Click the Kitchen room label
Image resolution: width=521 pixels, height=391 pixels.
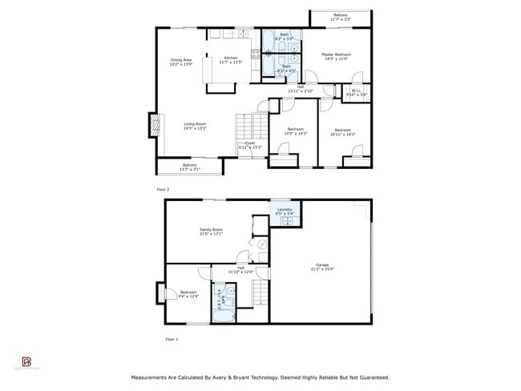pyautogui.click(x=230, y=60)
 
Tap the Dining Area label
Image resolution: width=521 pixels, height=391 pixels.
pyautogui.click(x=181, y=62)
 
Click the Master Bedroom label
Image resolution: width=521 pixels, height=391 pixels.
pyautogui.click(x=337, y=56)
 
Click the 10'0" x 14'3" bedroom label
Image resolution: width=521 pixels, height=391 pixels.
pyautogui.click(x=296, y=131)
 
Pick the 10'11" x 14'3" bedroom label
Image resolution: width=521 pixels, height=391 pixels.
pyautogui.click(x=342, y=131)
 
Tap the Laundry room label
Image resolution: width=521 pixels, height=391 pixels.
pyautogui.click(x=285, y=212)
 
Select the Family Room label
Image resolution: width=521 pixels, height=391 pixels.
pyautogui.click(x=212, y=232)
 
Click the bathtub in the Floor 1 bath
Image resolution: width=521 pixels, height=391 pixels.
pyautogui.click(x=219, y=303)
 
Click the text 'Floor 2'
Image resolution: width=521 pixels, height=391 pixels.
pyautogui.click(x=163, y=189)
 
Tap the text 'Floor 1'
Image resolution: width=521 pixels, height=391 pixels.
pyautogui.click(x=172, y=340)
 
